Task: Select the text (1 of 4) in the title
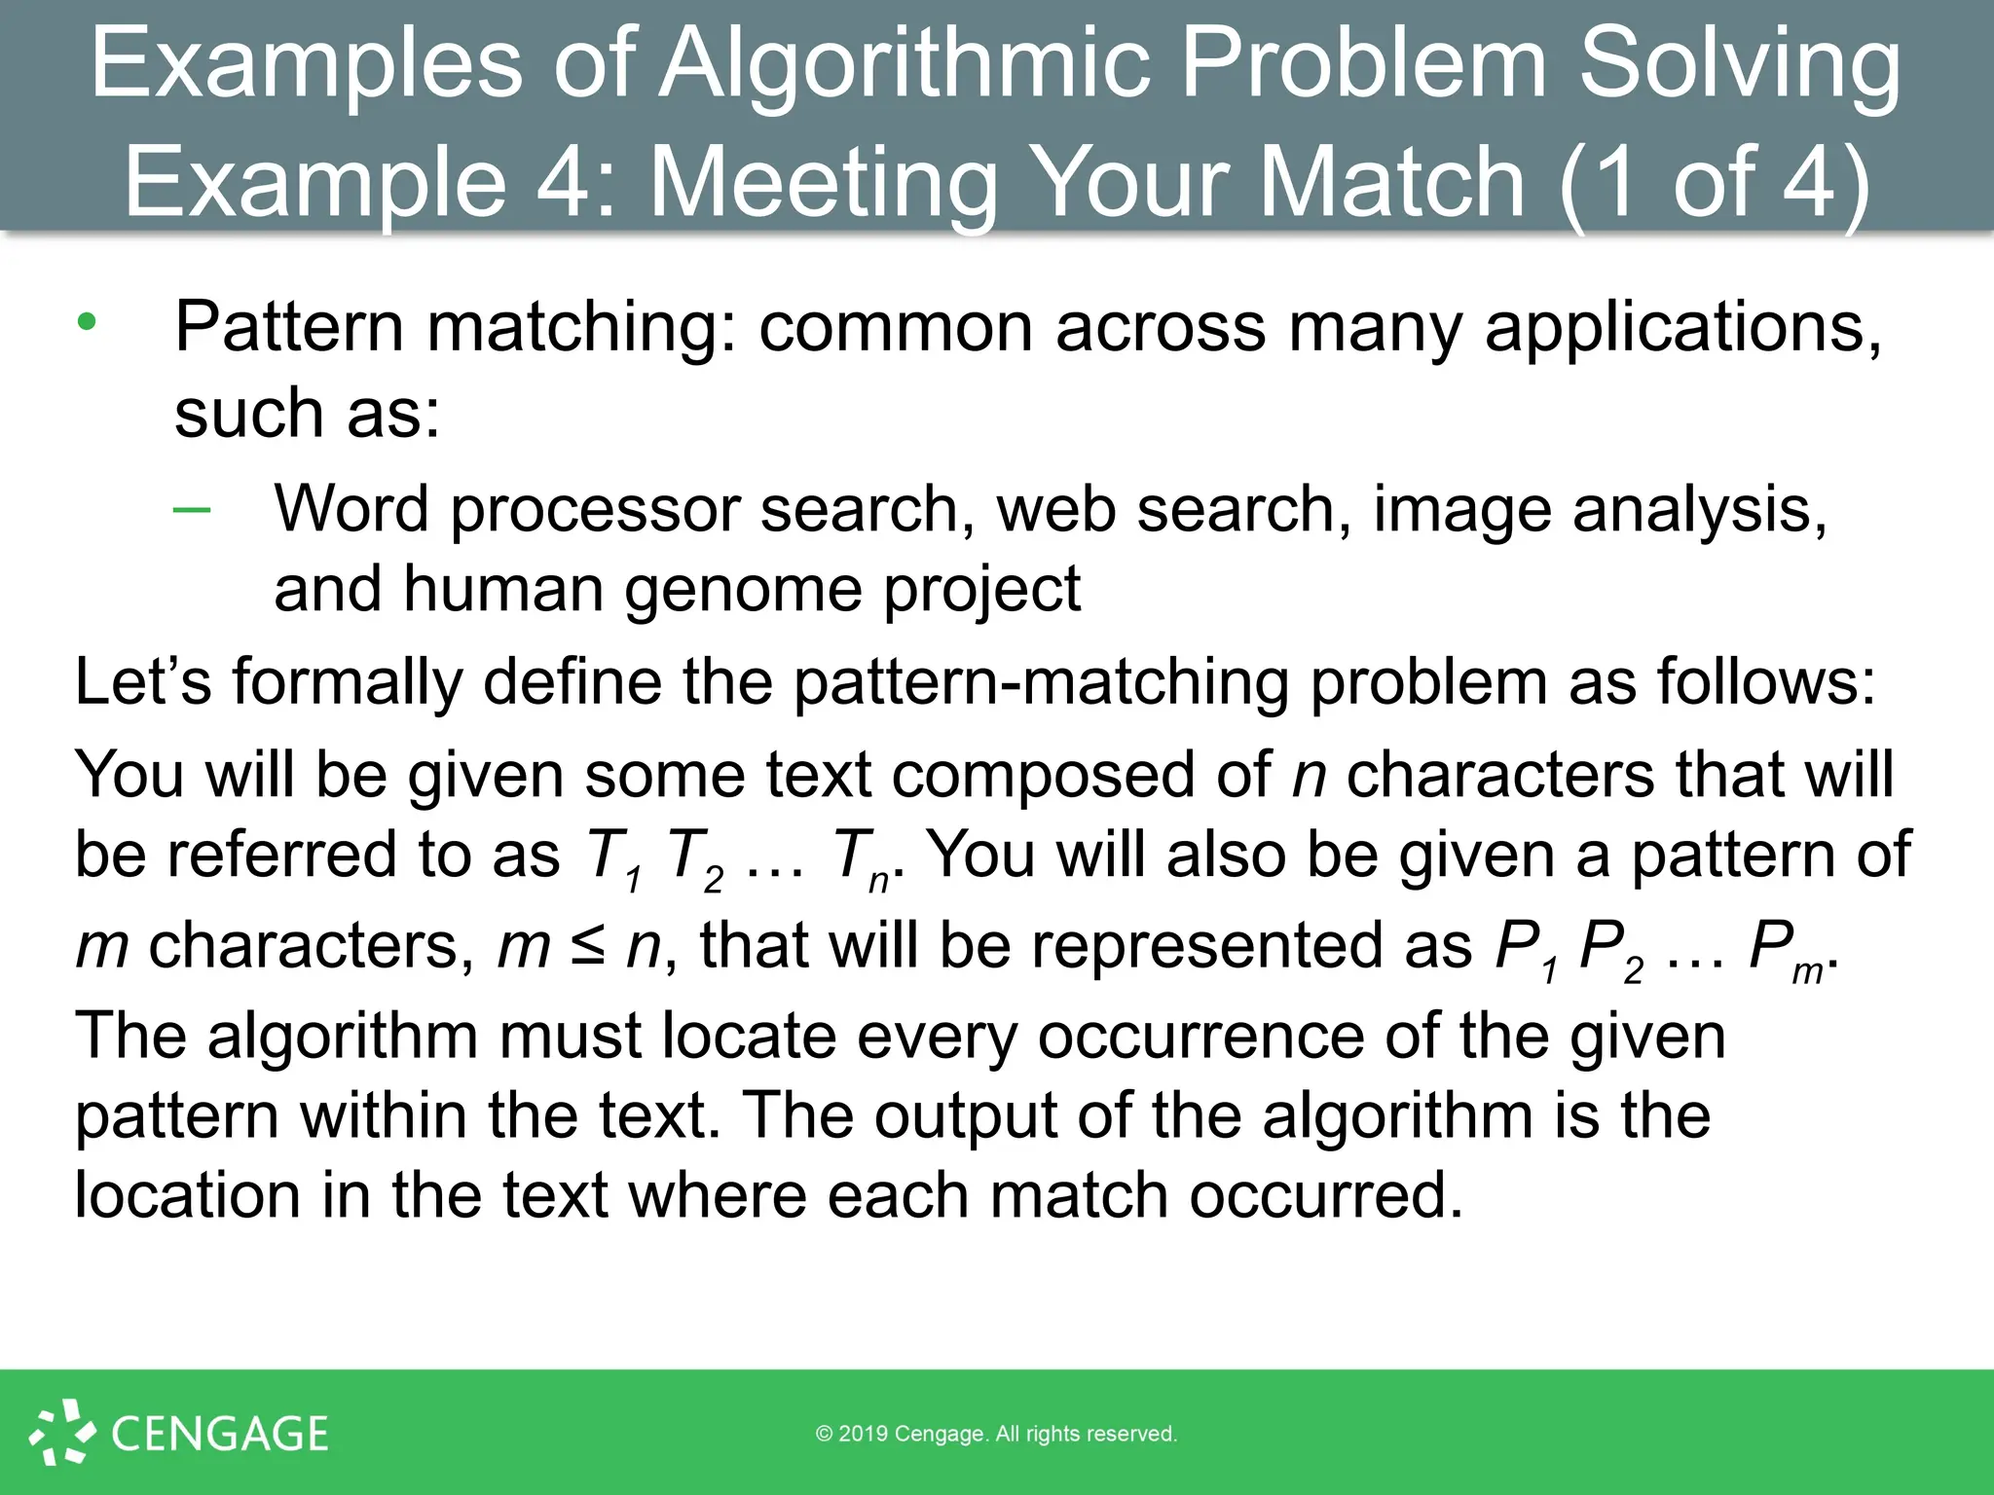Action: point(1714,181)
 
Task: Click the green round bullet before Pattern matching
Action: point(88,322)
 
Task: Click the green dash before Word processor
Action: point(192,509)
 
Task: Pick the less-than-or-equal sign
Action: point(588,946)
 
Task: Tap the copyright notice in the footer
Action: point(996,1434)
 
